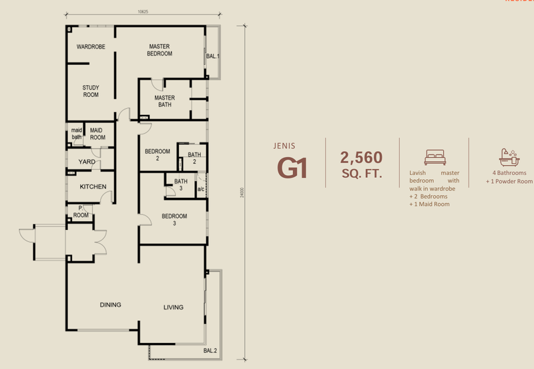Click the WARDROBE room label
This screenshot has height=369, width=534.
point(89,47)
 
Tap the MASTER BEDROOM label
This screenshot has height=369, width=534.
point(160,49)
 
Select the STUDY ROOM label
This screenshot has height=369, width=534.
point(91,91)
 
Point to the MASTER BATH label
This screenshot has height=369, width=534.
point(164,101)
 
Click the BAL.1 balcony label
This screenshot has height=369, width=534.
point(213,56)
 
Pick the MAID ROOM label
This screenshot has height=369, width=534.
point(98,134)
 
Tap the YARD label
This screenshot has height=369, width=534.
point(86,162)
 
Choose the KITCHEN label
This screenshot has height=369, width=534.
point(93,187)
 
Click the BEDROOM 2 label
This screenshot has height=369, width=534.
point(157,154)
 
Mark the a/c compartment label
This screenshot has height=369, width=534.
point(200,189)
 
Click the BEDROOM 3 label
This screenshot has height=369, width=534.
point(174,220)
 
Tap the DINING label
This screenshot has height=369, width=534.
point(111,305)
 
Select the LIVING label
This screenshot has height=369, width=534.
point(174,307)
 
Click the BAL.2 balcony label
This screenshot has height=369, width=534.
point(211,351)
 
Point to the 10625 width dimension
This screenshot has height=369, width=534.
point(143,11)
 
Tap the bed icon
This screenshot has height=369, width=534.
point(434,157)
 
